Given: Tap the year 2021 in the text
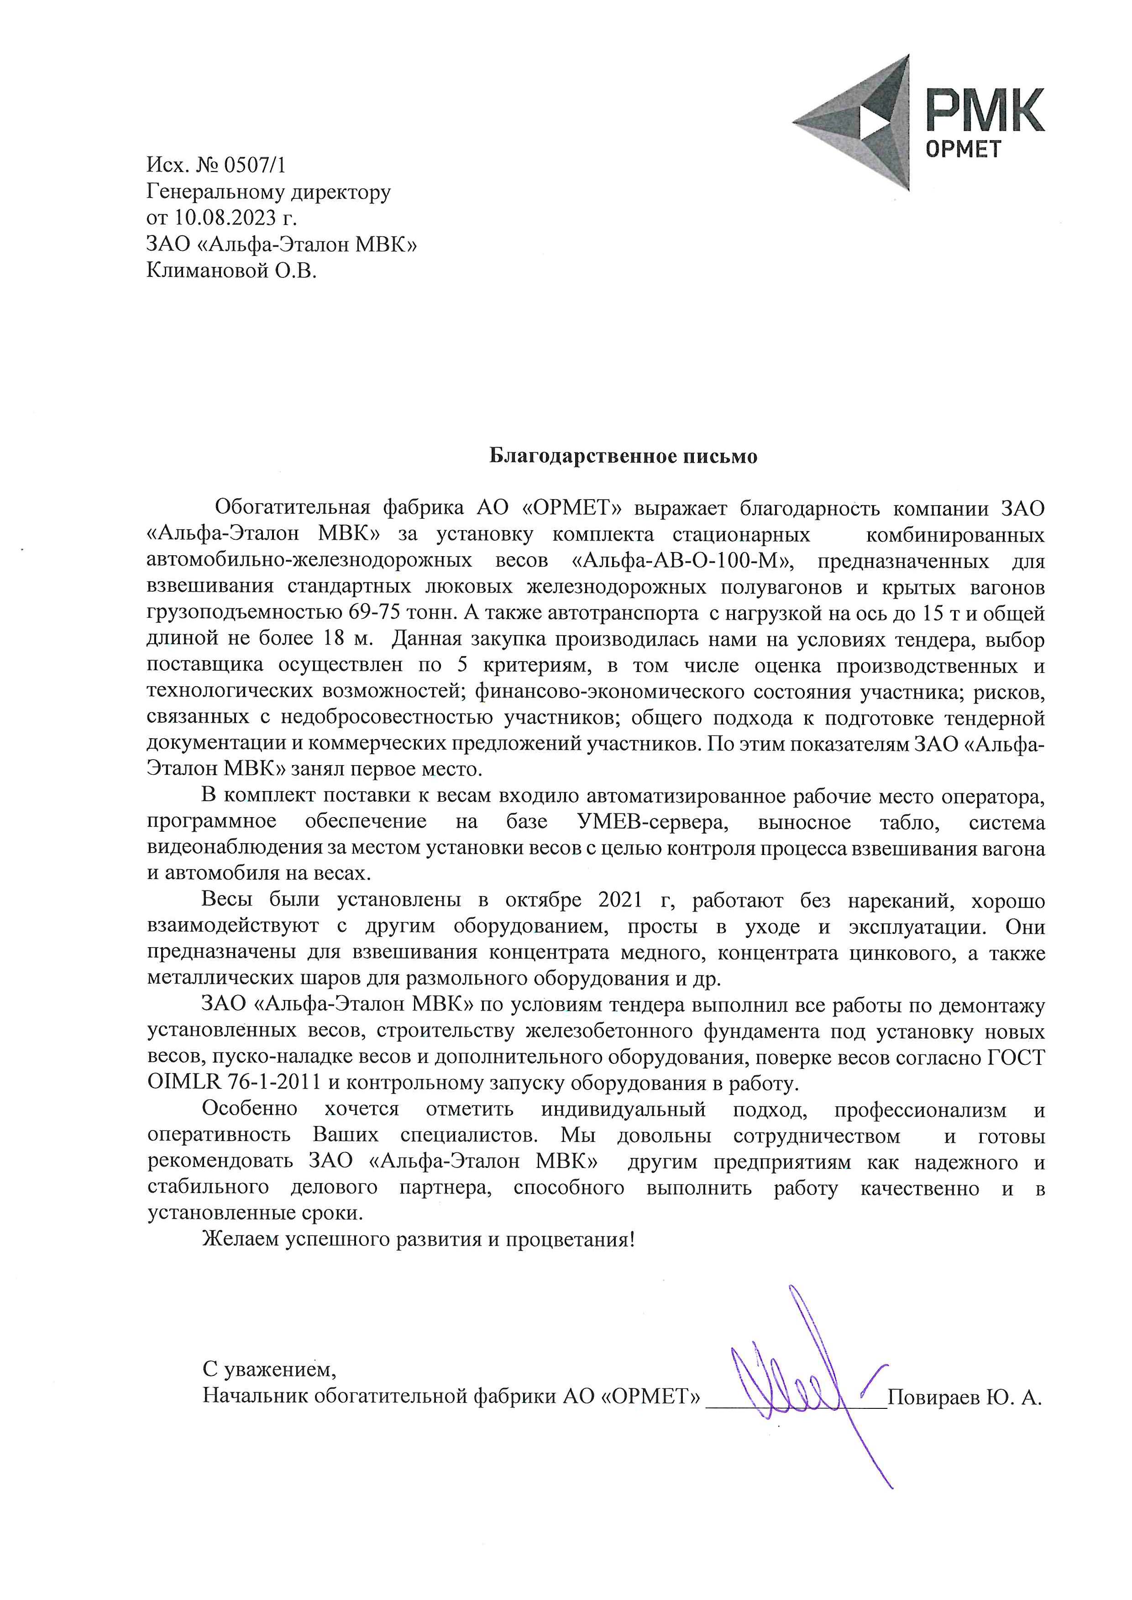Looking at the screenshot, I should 620,900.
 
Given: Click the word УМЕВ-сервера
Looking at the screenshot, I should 652,822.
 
